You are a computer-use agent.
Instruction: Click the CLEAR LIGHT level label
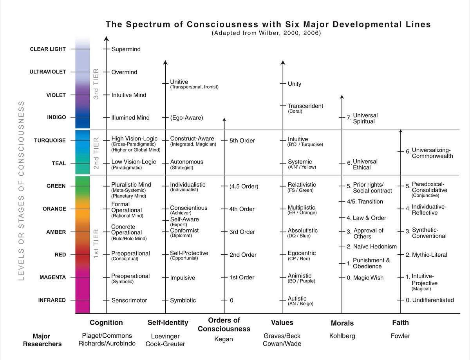[48, 49]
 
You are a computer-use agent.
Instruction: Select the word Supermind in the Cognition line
[126, 49]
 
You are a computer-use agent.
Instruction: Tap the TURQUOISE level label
[50, 140]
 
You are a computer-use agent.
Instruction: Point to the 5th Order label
[242, 140]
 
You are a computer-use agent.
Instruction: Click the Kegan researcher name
[224, 339]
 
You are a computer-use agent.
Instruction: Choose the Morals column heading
[342, 323]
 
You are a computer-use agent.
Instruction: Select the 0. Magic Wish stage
[365, 278]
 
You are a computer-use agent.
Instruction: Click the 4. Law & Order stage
[366, 218]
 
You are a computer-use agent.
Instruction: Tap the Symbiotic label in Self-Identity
[183, 301]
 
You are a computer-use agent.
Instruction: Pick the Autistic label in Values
[297, 299]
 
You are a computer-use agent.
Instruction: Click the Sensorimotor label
[129, 301]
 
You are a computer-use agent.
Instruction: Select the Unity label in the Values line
[295, 84]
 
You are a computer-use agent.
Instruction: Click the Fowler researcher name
[400, 336]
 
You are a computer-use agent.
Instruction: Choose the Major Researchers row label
[42, 340]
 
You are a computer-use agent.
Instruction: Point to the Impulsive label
[182, 278]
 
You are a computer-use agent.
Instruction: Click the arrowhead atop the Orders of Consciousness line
[224, 120]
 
